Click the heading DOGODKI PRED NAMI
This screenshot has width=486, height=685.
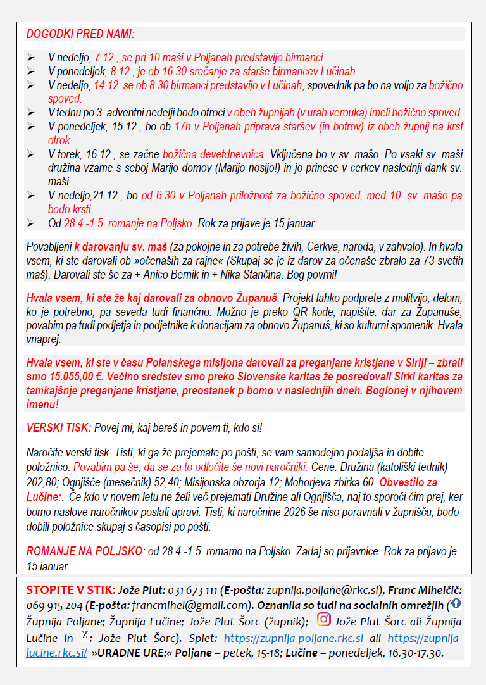(x=80, y=34)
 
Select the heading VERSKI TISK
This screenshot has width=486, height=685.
(x=58, y=428)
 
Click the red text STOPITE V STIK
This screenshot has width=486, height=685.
(x=62, y=589)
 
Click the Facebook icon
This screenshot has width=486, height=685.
(x=456, y=603)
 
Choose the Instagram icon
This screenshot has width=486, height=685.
(x=323, y=619)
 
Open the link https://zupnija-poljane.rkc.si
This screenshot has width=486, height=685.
(x=293, y=636)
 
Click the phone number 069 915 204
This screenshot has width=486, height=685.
(x=55, y=605)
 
